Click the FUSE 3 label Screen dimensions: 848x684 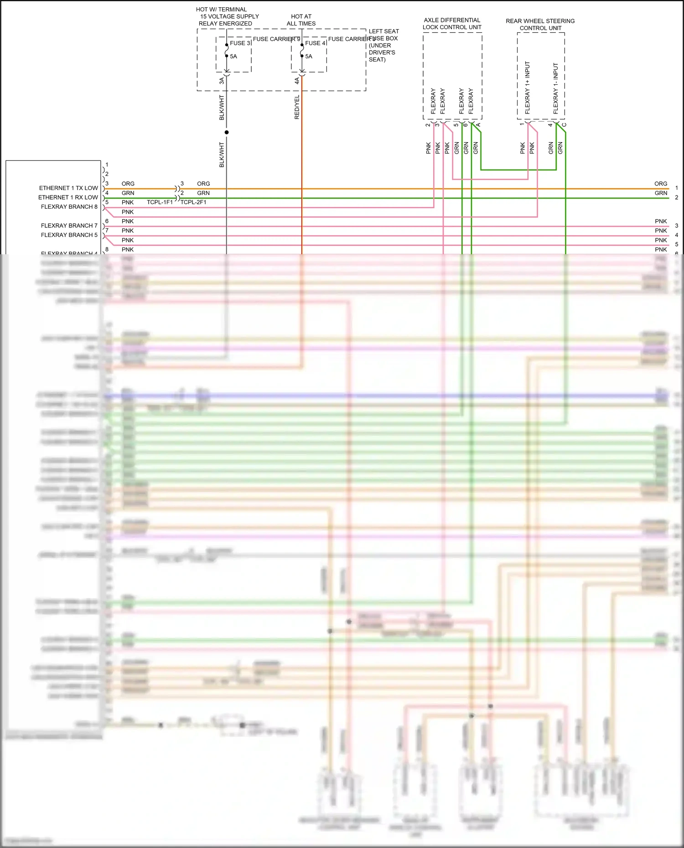pos(240,43)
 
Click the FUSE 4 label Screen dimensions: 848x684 pos(315,43)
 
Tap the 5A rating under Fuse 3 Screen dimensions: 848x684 pos(233,57)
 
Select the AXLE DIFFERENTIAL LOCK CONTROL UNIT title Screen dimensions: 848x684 pos(452,24)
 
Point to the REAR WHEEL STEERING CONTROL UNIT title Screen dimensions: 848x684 pos(540,25)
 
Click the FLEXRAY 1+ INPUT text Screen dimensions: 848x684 pos(528,87)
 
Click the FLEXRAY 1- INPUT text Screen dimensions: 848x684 pos(555,88)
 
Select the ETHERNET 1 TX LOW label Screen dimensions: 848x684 pos(68,188)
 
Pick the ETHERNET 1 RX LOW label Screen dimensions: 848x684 pos(68,197)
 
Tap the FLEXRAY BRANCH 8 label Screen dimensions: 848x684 pos(69,207)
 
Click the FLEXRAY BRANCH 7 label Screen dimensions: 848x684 pos(69,226)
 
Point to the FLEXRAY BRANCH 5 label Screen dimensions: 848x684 pos(69,235)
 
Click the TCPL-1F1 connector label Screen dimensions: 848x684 pos(160,202)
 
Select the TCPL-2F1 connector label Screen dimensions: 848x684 pos(193,202)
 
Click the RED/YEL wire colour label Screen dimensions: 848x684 pos(297,108)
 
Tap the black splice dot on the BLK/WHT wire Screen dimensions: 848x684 pos(227,132)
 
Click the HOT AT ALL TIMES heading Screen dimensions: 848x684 pos(301,20)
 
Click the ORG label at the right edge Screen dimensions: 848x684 pos(661,184)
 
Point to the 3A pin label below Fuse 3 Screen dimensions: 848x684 pos(222,81)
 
